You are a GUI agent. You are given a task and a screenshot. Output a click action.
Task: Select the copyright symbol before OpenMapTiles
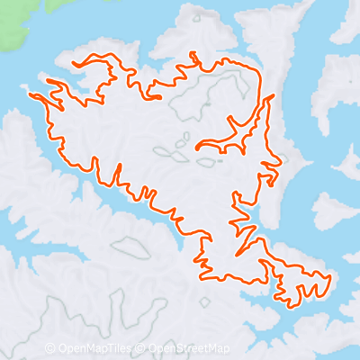pyautogui.click(x=50, y=348)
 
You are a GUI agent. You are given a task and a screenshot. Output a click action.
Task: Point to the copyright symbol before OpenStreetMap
pyautogui.click(x=142, y=348)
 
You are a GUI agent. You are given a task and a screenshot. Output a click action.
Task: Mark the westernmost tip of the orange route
pyautogui.click(x=31, y=94)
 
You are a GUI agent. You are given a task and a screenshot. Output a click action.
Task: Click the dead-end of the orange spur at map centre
pyautogui.click(x=195, y=144)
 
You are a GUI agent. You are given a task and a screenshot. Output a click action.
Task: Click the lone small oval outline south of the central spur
pyautogui.click(x=205, y=163)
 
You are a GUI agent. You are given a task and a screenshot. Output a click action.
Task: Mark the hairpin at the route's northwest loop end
pyautogui.click(x=76, y=64)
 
